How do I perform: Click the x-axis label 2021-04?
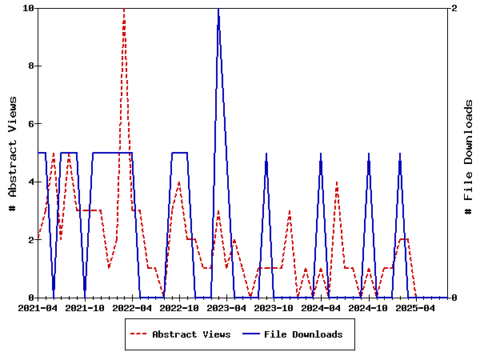click(38, 307)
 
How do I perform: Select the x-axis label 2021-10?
click(85, 307)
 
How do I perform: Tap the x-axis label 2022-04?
click(132, 307)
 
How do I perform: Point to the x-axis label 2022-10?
click(179, 307)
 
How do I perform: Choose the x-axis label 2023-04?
click(226, 307)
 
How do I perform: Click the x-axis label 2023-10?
click(274, 307)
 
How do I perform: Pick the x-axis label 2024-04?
click(321, 307)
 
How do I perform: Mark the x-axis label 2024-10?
click(368, 307)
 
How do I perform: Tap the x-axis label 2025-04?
click(415, 307)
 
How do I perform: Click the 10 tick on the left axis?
click(28, 8)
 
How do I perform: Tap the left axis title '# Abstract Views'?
click(13, 153)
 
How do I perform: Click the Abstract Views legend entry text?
click(191, 334)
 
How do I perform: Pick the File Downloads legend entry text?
click(303, 334)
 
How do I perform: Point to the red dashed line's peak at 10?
click(124, 9)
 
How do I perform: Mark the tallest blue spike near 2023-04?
click(218, 9)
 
